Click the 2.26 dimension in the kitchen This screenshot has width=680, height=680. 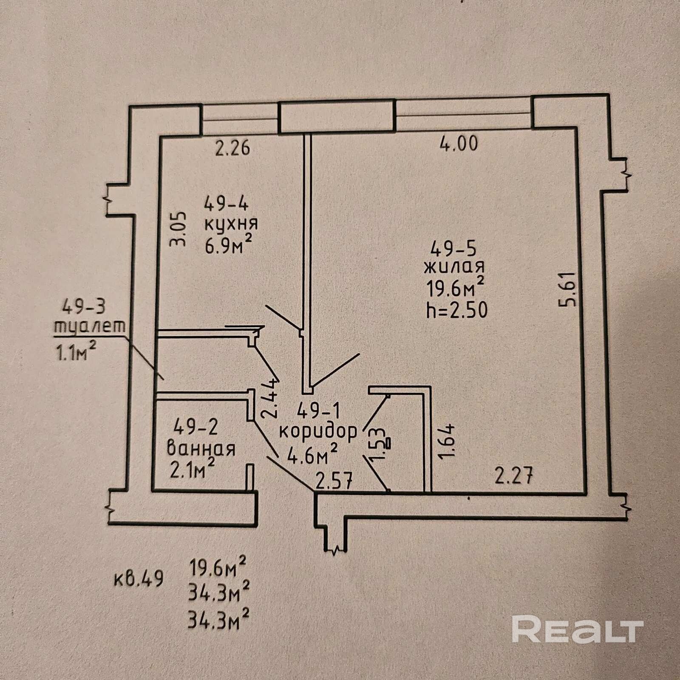232,148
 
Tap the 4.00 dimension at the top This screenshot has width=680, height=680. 459,143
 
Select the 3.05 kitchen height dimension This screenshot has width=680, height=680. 178,229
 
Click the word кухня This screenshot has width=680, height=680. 231,224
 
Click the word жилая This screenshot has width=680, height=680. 454,267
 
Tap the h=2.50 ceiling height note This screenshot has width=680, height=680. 457,310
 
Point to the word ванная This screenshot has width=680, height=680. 201,449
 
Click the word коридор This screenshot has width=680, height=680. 318,432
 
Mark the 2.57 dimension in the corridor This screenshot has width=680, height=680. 334,482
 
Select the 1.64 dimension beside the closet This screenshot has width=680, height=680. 449,439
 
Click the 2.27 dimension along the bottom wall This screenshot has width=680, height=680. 514,476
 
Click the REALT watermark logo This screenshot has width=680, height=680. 578,630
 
